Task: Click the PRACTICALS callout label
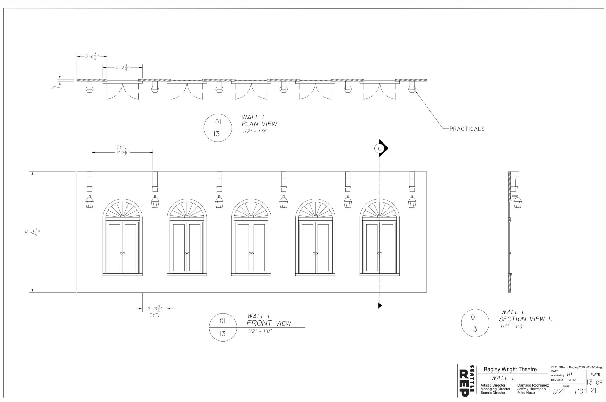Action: pyautogui.click(x=467, y=129)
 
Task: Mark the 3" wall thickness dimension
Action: pyautogui.click(x=54, y=87)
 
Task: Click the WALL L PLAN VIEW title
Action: pyautogui.click(x=259, y=120)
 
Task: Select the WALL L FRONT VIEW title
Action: pyautogui.click(x=269, y=320)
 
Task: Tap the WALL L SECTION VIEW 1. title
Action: pyautogui.click(x=526, y=316)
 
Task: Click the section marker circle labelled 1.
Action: pyautogui.click(x=379, y=149)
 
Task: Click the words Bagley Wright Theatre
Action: pyautogui.click(x=510, y=369)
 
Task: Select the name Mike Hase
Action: pyautogui.click(x=526, y=393)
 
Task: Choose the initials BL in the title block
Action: pyautogui.click(x=570, y=375)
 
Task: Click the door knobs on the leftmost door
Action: pyautogui.click(x=123, y=253)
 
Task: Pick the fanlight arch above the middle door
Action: pyautogui.click(x=251, y=208)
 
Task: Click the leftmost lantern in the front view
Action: pyautogui.click(x=90, y=202)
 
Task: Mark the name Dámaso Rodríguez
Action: pyautogui.click(x=533, y=385)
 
